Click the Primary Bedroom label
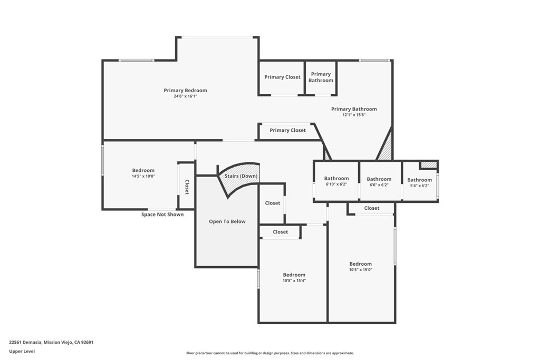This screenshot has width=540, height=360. pos(185,90)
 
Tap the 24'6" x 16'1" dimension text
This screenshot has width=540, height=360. pos(185,96)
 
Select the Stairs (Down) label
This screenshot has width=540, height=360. pos(240,176)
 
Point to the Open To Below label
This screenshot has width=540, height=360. pos(227,221)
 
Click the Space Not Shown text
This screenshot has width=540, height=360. pos(162,215)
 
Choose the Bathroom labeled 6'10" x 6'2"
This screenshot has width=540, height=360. pos(336,179)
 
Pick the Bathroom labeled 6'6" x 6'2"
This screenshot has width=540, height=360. pos(379,179)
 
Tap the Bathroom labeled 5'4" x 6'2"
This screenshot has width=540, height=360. pos(419,180)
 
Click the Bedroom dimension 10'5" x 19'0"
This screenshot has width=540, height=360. pos(360,270)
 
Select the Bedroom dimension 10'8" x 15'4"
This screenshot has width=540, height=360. pos(294,281)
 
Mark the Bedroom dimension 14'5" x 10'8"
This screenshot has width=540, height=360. pos(143,176)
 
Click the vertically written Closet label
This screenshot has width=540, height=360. pos(187,187)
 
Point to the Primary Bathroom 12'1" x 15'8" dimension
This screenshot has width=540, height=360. pos(354,115)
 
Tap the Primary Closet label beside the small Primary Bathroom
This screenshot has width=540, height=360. pos(282,77)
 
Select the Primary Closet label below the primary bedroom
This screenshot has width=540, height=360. pos(287,130)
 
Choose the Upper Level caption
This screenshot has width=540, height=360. pos(22,351)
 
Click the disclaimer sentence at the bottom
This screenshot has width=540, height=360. pos(269,353)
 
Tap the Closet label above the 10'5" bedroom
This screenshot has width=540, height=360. pos(371,208)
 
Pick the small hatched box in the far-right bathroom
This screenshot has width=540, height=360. pos(429,165)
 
